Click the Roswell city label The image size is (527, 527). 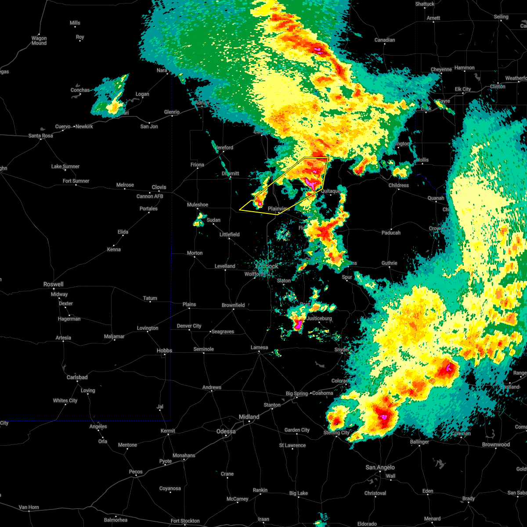coord(53,284)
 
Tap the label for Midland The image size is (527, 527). coord(249,417)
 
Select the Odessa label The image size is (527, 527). coord(227,431)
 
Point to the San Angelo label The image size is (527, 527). coord(380,467)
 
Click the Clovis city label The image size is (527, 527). coord(159,187)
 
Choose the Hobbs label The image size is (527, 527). coord(164,350)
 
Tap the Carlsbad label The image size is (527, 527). coord(77,377)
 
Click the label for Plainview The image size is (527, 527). coord(278,209)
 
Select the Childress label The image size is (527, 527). coord(399,185)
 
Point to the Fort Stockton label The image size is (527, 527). coord(185,521)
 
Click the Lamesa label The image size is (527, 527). coord(259,347)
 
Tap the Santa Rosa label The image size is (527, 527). coord(41,136)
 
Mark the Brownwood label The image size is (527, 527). coord(496,444)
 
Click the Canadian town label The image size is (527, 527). coord(385,40)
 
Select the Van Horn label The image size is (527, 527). coord(29,507)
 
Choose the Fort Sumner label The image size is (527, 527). coord(76,181)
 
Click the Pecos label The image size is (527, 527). coord(136,472)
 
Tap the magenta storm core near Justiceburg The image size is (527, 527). coord(299,325)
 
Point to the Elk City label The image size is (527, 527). coord(463,89)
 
